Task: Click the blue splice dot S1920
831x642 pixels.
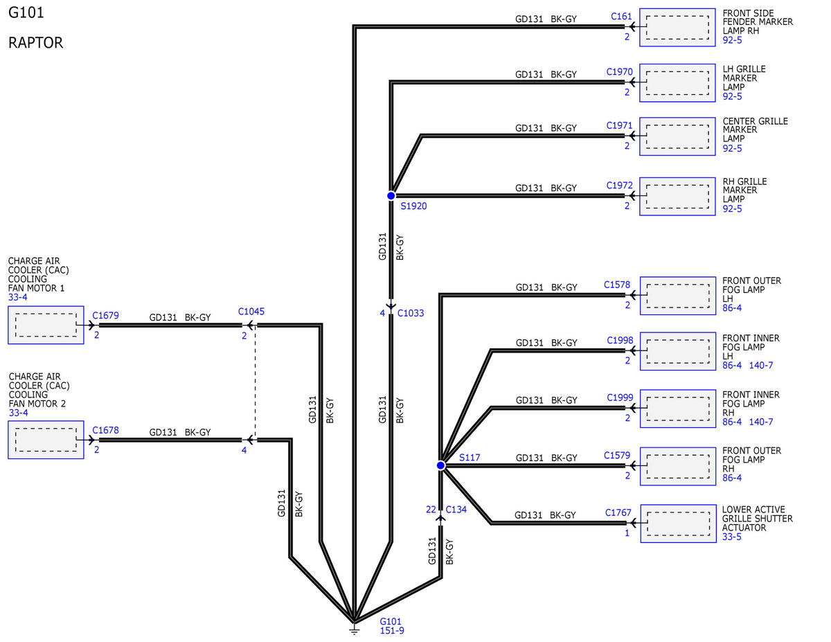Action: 391,196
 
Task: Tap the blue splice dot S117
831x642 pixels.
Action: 440,465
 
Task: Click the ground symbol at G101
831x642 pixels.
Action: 355,630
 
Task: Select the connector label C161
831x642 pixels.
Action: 621,17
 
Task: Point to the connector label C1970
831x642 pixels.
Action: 620,72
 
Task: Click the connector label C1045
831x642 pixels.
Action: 251,312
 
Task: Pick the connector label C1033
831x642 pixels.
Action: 411,313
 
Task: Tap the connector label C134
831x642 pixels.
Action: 456,509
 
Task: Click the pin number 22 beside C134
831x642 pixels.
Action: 431,509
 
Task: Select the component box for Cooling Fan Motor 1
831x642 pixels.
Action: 46,325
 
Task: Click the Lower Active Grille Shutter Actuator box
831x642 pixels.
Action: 678,524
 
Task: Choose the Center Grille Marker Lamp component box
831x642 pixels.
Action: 677,136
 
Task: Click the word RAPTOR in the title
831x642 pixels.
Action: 35,43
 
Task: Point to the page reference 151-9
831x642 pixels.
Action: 392,630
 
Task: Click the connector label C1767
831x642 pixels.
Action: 618,512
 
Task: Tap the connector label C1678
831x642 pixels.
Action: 105,430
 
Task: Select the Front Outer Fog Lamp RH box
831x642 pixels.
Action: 678,466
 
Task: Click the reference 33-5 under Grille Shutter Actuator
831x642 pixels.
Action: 731,537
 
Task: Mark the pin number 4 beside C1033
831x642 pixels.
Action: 382,313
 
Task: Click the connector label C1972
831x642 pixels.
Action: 620,186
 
